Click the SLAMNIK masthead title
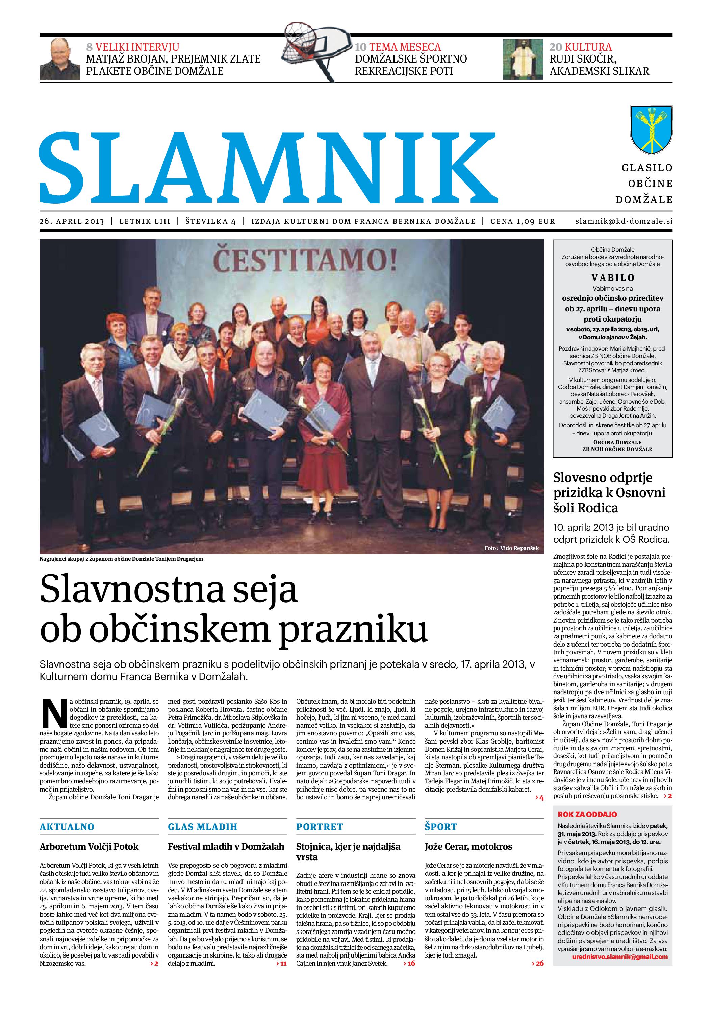[x=268, y=168]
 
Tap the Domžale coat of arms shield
[x=651, y=129]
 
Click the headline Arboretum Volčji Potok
[x=89, y=846]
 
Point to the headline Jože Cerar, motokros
[x=468, y=846]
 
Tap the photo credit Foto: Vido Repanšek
[x=511, y=548]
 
